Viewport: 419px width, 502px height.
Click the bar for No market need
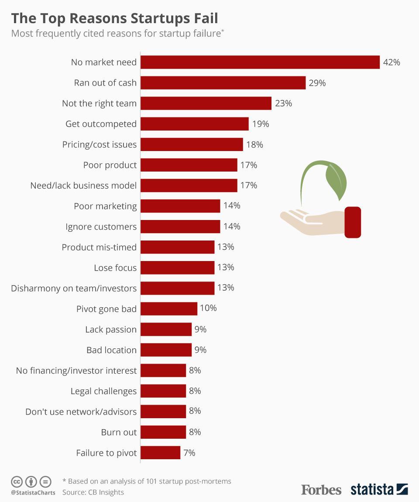tap(260, 62)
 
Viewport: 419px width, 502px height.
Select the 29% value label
tap(317, 83)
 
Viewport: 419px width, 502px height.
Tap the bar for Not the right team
tap(206, 103)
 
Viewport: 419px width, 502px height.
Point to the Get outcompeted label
tap(101, 124)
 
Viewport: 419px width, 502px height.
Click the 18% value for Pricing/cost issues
tap(254, 144)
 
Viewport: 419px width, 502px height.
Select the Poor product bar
tap(189, 165)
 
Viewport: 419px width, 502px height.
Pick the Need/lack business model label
tap(83, 186)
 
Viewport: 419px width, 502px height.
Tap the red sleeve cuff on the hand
tap(353, 222)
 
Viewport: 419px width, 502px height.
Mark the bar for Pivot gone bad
tap(169, 309)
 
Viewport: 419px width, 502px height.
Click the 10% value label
tap(208, 308)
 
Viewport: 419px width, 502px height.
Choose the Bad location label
tap(111, 350)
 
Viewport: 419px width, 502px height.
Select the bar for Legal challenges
tap(163, 391)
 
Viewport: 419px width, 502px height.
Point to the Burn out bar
tap(163, 432)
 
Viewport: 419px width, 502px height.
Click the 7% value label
tap(189, 453)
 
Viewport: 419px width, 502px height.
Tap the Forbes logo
tap(321, 489)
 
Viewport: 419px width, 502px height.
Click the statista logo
tap(379, 489)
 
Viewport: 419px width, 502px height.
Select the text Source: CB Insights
tap(93, 492)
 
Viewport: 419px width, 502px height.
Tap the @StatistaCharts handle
tap(33, 493)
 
